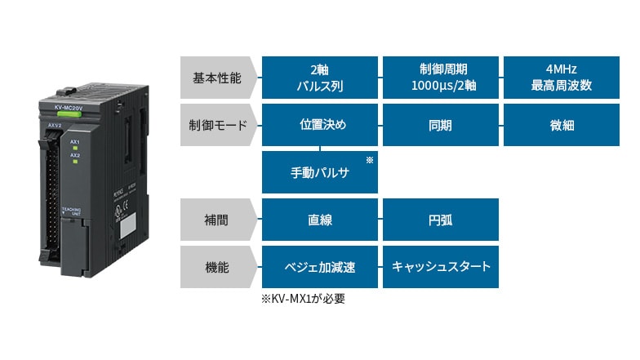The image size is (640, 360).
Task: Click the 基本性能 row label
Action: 216,78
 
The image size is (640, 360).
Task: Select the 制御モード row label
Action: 216,125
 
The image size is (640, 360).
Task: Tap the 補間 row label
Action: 216,220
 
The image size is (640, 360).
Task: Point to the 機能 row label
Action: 216,267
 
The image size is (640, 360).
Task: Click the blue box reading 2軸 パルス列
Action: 319,78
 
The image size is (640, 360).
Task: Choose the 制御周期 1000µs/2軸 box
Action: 440,78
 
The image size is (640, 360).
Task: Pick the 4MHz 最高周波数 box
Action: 561,78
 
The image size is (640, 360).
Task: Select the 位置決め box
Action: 319,125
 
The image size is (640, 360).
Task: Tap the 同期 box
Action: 440,125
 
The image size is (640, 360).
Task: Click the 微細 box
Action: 561,125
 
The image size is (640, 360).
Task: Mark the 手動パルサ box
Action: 319,172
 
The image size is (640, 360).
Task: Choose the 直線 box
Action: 319,220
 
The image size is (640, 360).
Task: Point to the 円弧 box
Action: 440,220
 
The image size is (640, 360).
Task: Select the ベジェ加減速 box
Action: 319,267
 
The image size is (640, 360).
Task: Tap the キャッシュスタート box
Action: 440,267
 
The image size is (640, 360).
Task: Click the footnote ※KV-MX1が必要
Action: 303,299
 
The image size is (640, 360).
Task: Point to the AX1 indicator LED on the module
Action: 75,148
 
